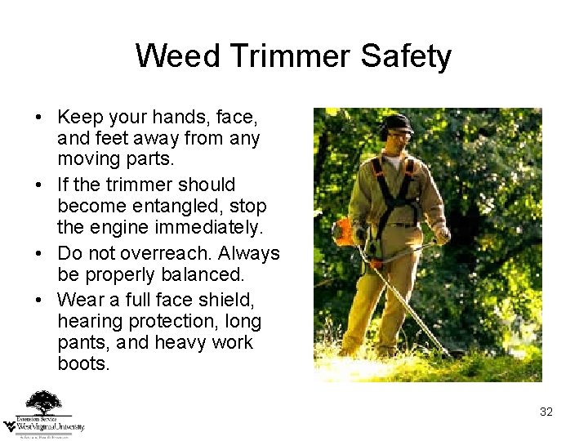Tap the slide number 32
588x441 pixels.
[x=546, y=412]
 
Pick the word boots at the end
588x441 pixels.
[x=83, y=364]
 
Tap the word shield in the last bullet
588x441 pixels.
[x=231, y=299]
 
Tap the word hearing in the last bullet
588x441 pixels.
[x=90, y=322]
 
